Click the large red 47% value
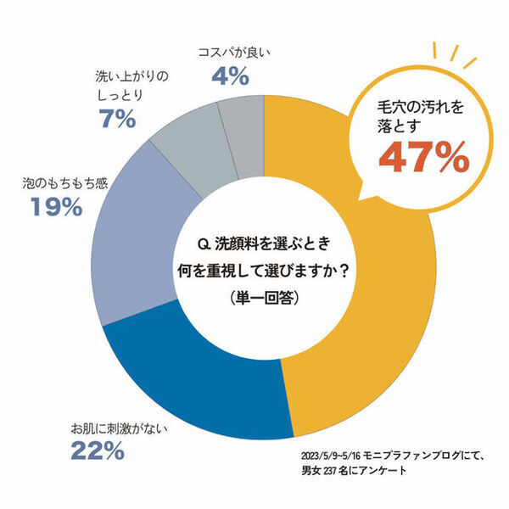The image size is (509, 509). pyautogui.click(x=423, y=158)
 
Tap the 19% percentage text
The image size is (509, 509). pyautogui.click(x=50, y=206)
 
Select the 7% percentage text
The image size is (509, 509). pyautogui.click(x=116, y=120)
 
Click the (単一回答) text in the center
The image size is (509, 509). pyautogui.click(x=263, y=299)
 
